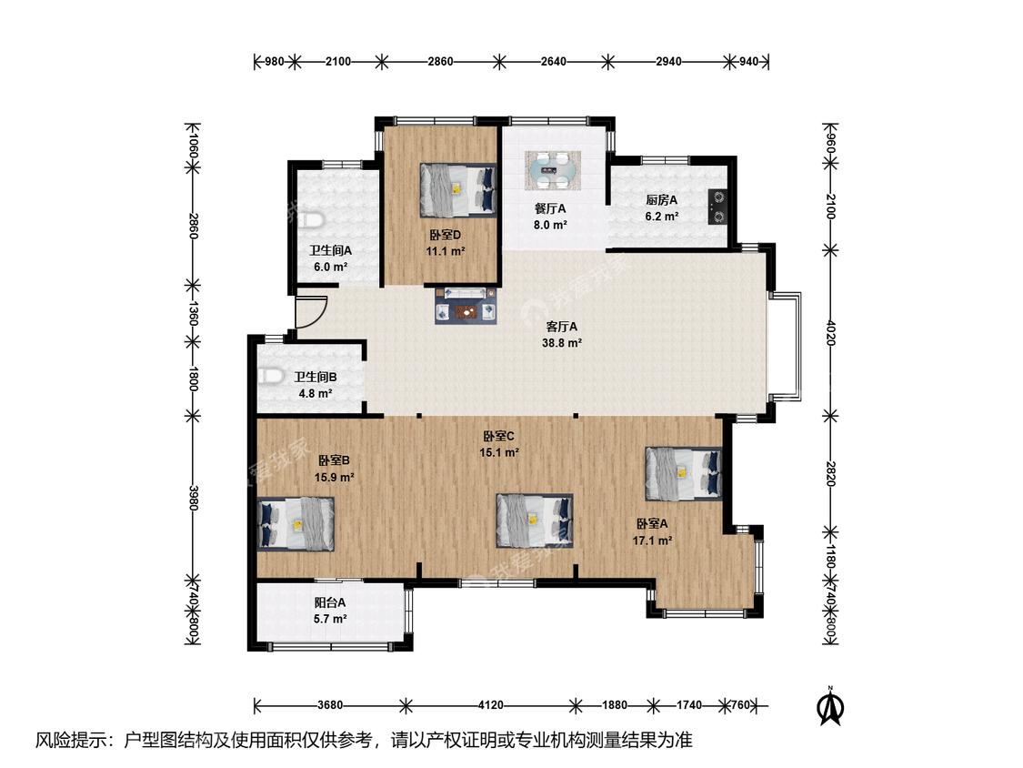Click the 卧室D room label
pyautogui.click(x=446, y=235)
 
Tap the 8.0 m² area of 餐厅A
pyautogui.click(x=550, y=226)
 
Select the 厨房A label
pyautogui.click(x=662, y=200)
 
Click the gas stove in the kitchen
pyautogui.click(x=717, y=207)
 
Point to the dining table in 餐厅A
pyautogui.click(x=553, y=170)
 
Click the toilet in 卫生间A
pyautogui.click(x=313, y=220)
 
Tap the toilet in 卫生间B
pyautogui.click(x=269, y=377)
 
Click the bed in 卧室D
pyautogui.click(x=458, y=189)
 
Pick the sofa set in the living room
pyautogui.click(x=466, y=305)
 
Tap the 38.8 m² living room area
pyautogui.click(x=562, y=343)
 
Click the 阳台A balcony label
pyautogui.click(x=330, y=602)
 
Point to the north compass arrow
pyautogui.click(x=830, y=706)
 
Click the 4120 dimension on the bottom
pyautogui.click(x=491, y=705)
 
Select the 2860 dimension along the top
pyautogui.click(x=440, y=61)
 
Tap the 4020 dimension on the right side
pyautogui.click(x=830, y=332)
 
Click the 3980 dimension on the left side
pyautogui.click(x=193, y=499)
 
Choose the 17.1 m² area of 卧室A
pyautogui.click(x=652, y=541)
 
